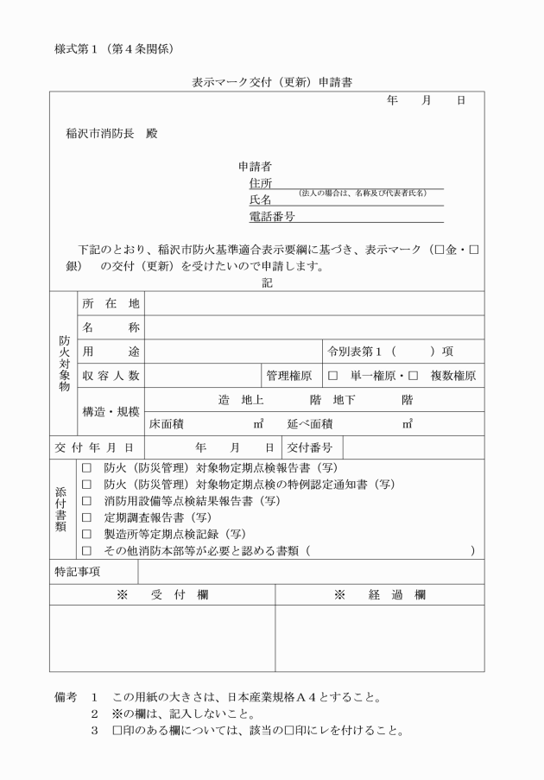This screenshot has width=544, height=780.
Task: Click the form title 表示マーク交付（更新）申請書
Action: point(272,83)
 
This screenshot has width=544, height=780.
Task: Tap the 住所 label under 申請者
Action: point(260,183)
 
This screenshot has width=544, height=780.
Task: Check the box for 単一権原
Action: point(332,376)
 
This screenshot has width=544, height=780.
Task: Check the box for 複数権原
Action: point(413,376)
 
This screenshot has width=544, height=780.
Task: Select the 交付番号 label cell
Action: point(309,447)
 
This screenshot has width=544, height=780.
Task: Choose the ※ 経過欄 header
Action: point(380,595)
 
